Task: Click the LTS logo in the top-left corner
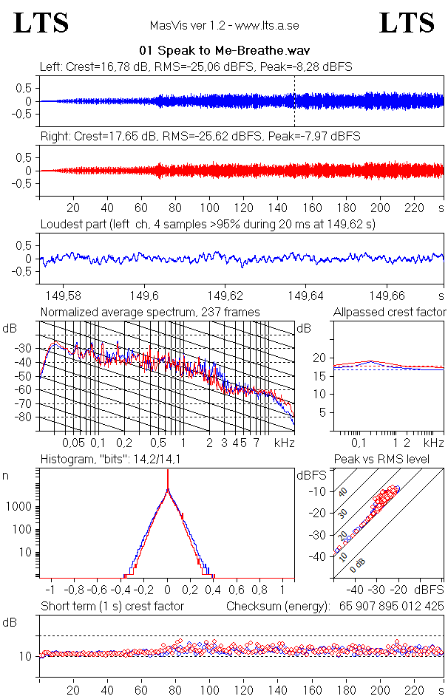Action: click(x=41, y=23)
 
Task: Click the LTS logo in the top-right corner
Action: click(x=407, y=23)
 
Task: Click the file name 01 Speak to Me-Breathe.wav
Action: click(x=224, y=51)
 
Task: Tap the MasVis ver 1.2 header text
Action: click(x=224, y=25)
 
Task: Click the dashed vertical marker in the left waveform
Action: click(x=294, y=101)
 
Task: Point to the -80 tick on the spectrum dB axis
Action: click(x=24, y=417)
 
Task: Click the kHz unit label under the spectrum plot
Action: click(x=284, y=443)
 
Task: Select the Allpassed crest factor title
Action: click(x=390, y=313)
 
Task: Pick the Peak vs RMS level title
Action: click(x=391, y=460)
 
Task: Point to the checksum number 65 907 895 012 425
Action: click(x=392, y=607)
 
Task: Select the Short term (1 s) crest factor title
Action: click(x=112, y=607)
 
